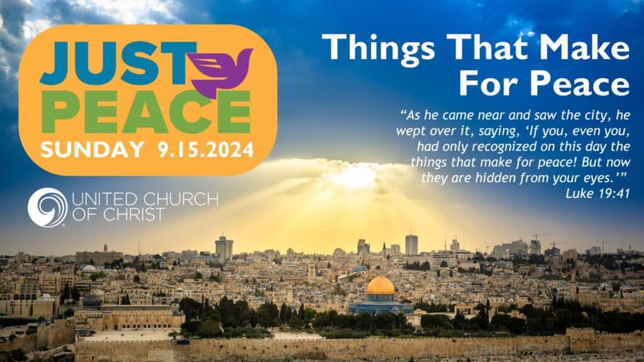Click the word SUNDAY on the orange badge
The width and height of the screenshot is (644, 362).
[x=92, y=150]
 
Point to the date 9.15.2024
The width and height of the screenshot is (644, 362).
[x=206, y=150]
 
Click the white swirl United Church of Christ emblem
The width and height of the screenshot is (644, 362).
[x=47, y=207]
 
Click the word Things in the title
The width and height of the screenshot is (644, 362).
[x=378, y=48]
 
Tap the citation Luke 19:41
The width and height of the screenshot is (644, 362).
[x=597, y=194]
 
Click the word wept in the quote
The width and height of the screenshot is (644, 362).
[x=411, y=131]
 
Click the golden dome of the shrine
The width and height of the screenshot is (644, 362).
[x=380, y=286]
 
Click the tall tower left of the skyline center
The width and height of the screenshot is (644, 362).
[x=224, y=248]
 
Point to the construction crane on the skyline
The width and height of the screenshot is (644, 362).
[x=539, y=238]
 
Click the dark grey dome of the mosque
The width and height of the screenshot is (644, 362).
[x=92, y=301]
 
